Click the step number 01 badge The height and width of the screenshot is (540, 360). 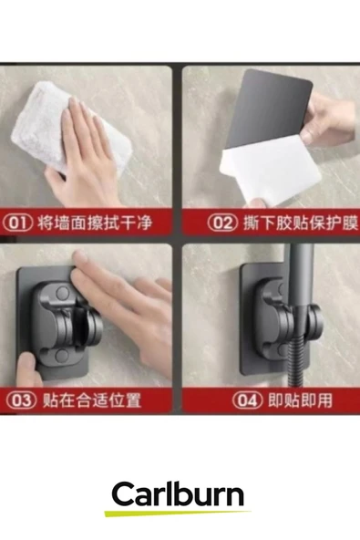coord(18,223)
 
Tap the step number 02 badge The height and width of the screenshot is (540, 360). coord(222,223)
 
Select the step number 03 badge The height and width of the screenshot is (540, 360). coord(21,400)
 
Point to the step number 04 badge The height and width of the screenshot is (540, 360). coord(248,400)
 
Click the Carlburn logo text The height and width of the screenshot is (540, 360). coord(178,494)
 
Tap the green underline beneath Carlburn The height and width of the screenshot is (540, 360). coord(178,513)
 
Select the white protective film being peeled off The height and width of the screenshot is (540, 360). coord(270,171)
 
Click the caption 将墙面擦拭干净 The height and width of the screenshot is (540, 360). coord(95,223)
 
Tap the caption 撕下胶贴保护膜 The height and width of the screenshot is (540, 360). coord(301,223)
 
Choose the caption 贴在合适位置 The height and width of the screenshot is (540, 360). coord(92,400)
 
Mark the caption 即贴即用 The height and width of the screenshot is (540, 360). coord(300,400)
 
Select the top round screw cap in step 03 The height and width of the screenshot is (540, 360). coord(63,293)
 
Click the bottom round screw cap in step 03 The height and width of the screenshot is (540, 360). coord(62,355)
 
